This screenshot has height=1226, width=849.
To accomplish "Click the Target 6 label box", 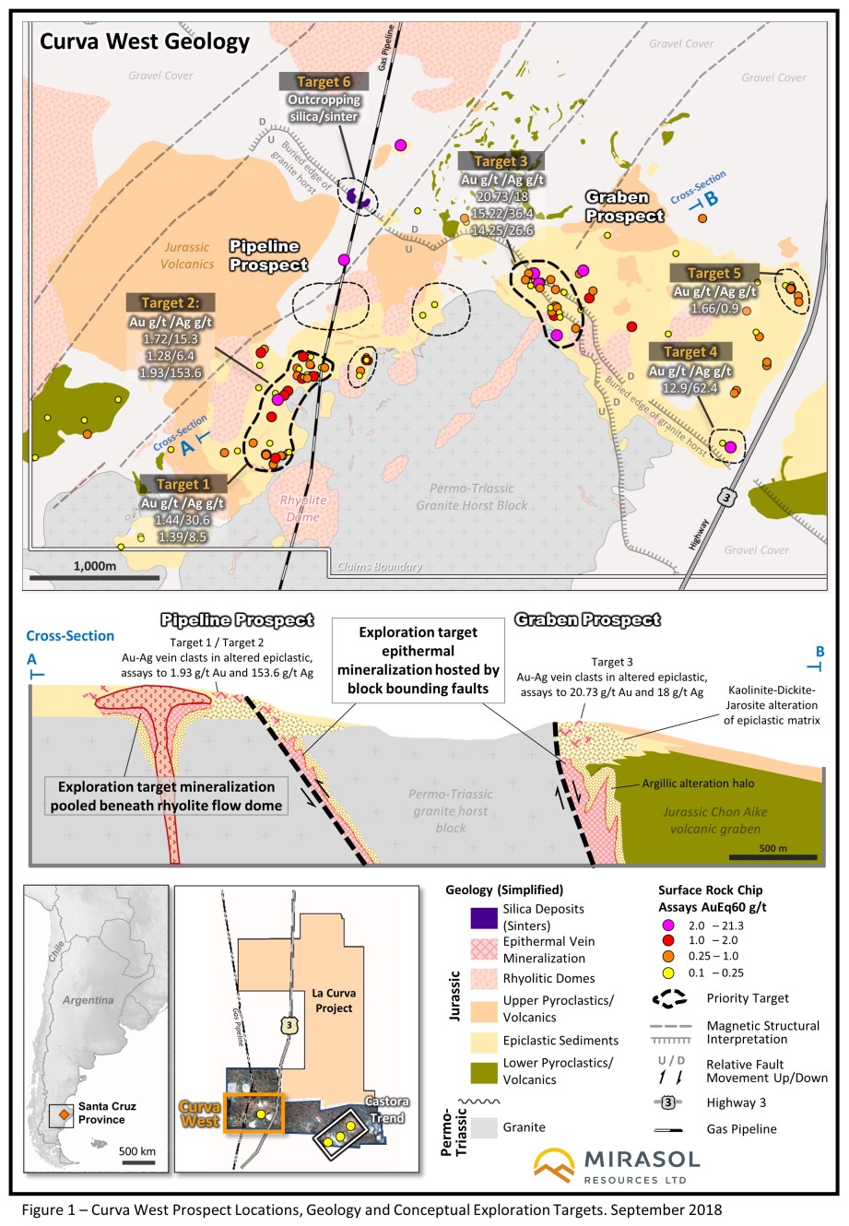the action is tap(324, 81).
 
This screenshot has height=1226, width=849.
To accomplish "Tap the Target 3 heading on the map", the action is tap(501, 161).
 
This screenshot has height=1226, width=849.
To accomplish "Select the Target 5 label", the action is tap(714, 273).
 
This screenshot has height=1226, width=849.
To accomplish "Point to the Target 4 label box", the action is tap(690, 351).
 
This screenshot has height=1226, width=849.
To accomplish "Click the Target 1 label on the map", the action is tap(183, 484).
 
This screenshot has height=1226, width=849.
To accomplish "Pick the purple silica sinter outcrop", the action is tap(357, 197).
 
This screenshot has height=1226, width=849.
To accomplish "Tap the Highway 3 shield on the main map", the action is tap(727, 498).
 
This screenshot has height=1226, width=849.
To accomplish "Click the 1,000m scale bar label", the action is tap(95, 565).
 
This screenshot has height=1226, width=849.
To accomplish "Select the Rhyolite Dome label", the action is tap(303, 509).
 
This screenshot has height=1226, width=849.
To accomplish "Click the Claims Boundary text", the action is tap(380, 567).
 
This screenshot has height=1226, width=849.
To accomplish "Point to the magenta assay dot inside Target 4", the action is tap(730, 447).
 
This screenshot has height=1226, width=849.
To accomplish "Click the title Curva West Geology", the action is tap(145, 41).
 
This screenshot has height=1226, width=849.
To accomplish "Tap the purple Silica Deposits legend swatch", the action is tap(484, 918).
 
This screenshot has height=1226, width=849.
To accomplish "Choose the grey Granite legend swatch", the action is tap(484, 1127).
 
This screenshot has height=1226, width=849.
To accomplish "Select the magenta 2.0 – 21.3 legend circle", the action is tap(668, 925).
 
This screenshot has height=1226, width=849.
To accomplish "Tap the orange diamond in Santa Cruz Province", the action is tap(65, 1114).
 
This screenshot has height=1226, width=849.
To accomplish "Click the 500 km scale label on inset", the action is tap(136, 1150).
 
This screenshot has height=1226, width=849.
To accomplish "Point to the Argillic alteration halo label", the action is tap(698, 784).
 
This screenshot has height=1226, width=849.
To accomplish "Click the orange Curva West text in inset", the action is tap(200, 1114).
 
